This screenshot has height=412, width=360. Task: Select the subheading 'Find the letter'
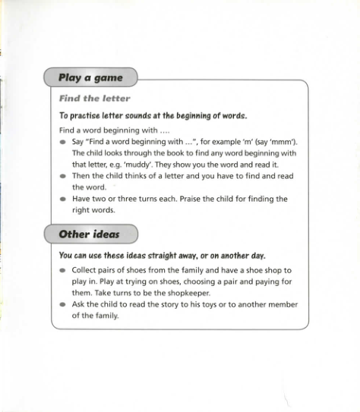pos(94,98)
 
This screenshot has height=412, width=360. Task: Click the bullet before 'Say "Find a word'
pos(62,142)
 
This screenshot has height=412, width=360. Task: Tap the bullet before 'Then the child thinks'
pos(62,176)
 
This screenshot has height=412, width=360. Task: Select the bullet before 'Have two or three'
pos(62,200)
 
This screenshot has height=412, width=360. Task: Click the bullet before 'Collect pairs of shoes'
pos(62,270)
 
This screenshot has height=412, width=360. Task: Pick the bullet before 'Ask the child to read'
pos(62,305)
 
